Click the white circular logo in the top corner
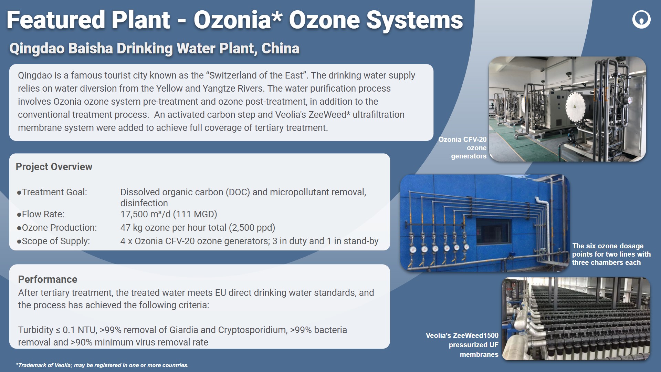[641, 19]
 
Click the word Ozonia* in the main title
[238, 20]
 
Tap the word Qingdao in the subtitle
[37, 49]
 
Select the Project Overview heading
[54, 167]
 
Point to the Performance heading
[48, 279]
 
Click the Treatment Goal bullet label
[52, 192]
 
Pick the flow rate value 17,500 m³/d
[145, 214]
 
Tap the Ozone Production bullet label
[57, 228]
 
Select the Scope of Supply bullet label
[53, 241]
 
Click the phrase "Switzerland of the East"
[256, 75]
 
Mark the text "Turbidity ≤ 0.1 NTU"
[57, 330]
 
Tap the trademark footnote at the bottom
[102, 365]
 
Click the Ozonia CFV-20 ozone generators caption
[462, 148]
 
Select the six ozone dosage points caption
[611, 254]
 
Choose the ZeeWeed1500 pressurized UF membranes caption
[462, 345]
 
